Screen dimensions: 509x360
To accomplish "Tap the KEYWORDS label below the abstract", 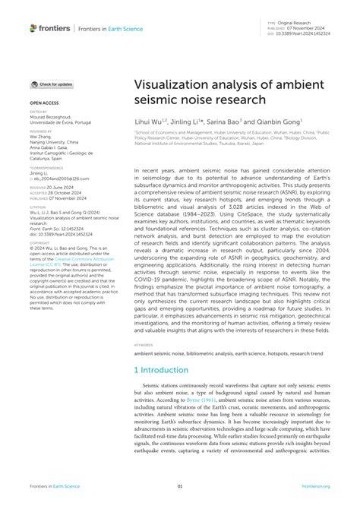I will [146, 343].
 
